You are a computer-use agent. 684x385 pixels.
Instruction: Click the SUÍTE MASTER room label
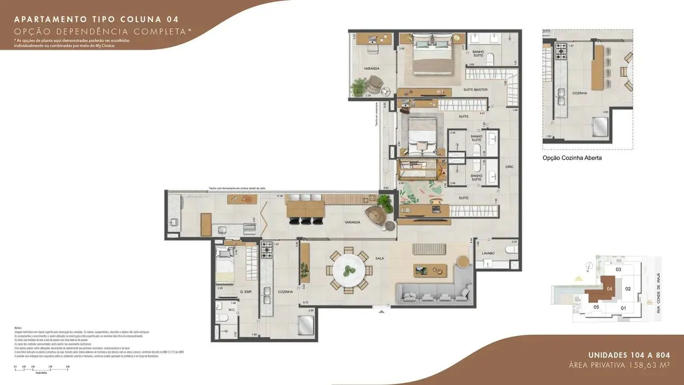click(475, 90)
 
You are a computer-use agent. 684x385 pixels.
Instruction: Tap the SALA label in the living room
click(380, 259)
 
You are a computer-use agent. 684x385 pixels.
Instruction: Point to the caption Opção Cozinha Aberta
click(572, 158)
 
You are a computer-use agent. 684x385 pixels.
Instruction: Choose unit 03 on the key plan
click(619, 270)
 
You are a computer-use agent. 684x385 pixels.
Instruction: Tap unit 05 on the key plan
click(596, 308)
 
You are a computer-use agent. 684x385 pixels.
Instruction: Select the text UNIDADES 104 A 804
click(629, 356)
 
